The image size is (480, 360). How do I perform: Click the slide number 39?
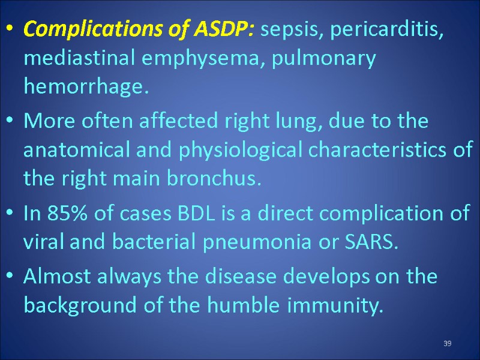click(x=447, y=343)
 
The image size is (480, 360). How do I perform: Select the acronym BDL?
click(x=190, y=213)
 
